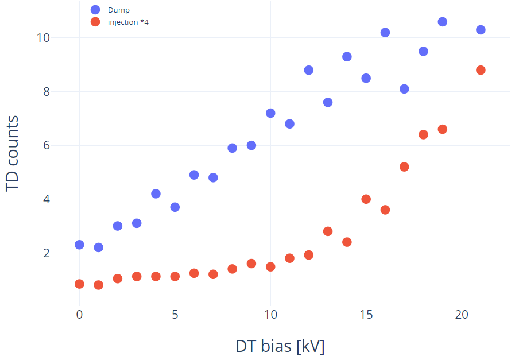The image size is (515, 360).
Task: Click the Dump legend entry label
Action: coord(119,10)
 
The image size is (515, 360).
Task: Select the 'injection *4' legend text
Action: coord(128,22)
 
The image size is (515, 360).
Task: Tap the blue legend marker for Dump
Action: coord(95,10)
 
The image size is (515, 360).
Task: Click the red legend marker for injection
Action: coord(95,22)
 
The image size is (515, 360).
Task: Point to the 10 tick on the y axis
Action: coord(43,38)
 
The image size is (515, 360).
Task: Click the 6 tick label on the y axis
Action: coord(47,145)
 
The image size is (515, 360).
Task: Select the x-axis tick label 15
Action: coord(366,315)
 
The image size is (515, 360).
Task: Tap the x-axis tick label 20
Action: coord(462,315)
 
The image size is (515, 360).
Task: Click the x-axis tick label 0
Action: coord(79,315)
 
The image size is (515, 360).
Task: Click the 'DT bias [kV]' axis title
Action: coord(280,346)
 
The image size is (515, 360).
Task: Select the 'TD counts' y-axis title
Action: coord(12,153)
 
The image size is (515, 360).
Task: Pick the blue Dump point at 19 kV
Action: coord(443,22)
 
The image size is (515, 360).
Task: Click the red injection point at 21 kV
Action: coord(481,70)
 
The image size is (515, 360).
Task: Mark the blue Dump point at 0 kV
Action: coord(79,245)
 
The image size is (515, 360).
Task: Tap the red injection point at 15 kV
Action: coord(366,199)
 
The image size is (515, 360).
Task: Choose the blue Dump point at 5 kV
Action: coord(175,207)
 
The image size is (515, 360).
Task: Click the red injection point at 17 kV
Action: coord(404,167)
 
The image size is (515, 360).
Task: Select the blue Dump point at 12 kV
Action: coord(308,70)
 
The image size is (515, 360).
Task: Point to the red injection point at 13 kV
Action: coord(327,231)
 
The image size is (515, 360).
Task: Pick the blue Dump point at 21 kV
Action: coord(481,30)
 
